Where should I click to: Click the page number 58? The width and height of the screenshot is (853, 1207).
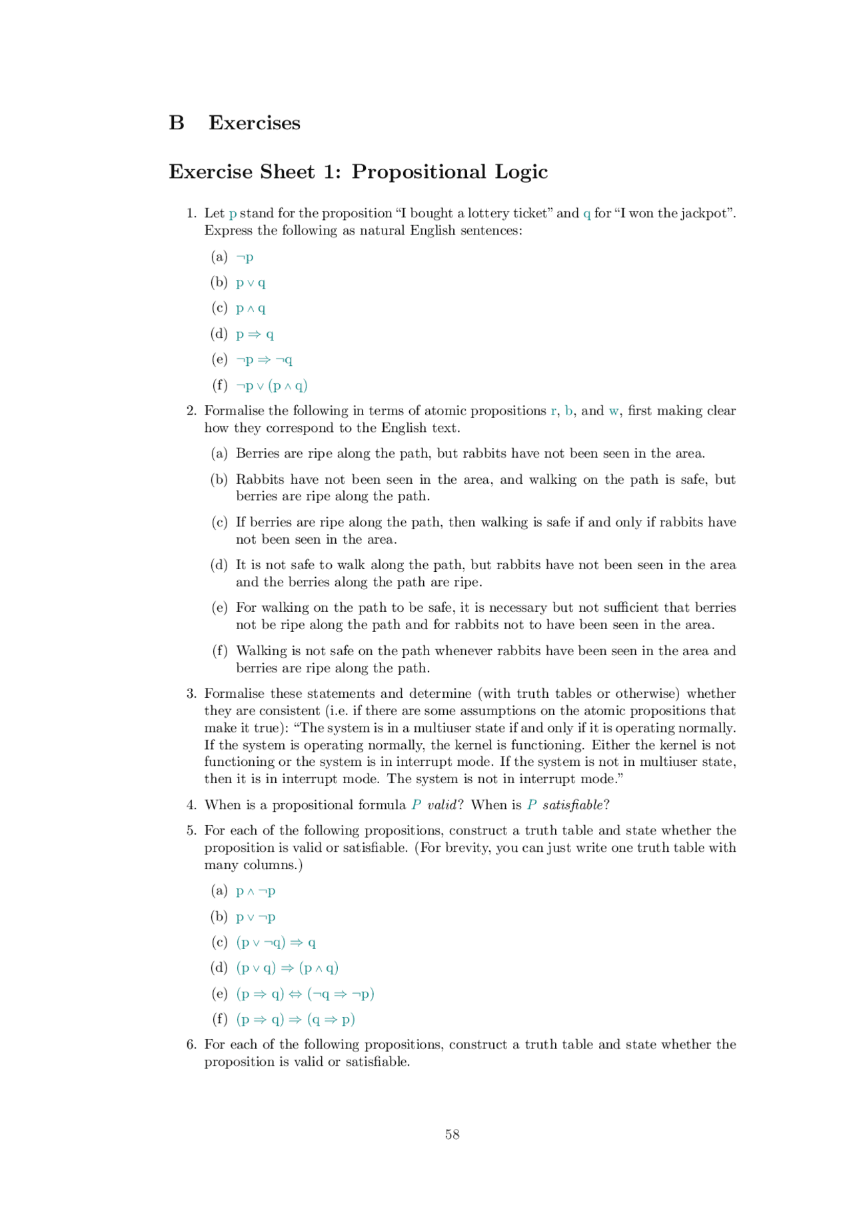point(452,1134)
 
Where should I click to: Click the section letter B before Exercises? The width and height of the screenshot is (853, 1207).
point(177,123)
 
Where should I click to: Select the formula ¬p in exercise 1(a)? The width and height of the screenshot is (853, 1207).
point(245,257)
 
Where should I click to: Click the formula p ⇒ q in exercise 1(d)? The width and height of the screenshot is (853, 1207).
point(255,335)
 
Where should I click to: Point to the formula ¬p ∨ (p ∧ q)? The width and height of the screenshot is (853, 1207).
point(271,386)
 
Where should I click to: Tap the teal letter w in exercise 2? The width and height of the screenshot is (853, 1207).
point(613,411)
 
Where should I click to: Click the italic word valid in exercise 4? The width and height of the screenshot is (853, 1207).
point(442,805)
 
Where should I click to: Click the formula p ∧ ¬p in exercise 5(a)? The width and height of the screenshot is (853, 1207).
point(255,891)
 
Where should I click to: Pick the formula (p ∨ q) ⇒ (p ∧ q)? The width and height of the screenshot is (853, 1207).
point(287,968)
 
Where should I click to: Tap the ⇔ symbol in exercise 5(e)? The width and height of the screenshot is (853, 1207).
point(295,994)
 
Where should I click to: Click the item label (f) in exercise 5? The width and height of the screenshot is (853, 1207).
point(219,1020)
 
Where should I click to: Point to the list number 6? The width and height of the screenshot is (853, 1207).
point(191,1045)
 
